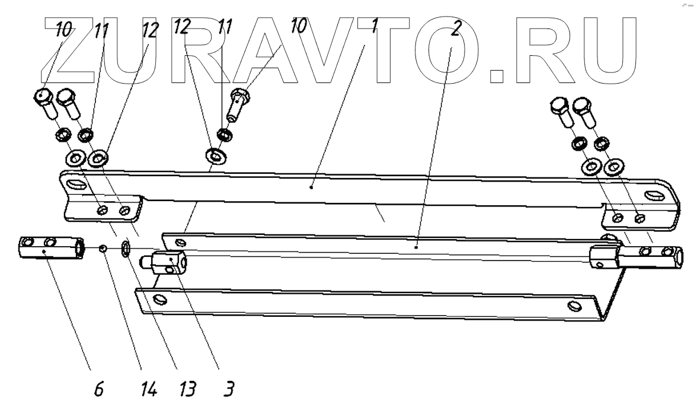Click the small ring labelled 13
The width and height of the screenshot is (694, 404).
(x=126, y=249)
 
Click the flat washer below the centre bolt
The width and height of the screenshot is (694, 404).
(x=212, y=157)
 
